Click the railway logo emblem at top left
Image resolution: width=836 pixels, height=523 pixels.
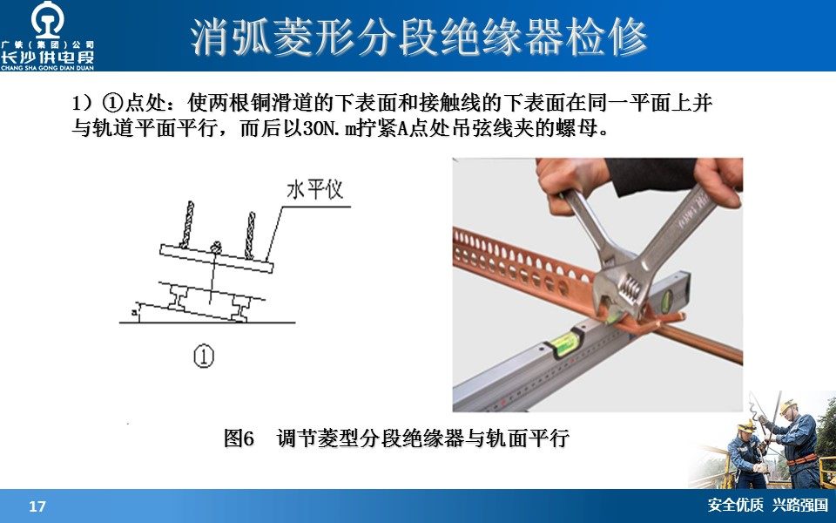coord(47,19)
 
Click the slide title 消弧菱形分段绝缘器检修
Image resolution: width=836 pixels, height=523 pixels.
coord(419,37)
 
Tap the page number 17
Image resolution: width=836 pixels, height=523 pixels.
coord(37,506)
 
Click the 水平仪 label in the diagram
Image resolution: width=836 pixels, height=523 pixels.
coord(314,189)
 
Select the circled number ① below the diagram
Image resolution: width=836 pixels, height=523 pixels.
coord(204,356)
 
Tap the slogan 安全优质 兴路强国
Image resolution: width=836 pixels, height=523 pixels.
coord(768,505)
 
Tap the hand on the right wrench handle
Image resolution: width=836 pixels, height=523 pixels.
coord(718,177)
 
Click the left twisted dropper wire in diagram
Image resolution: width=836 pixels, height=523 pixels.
coord(186,225)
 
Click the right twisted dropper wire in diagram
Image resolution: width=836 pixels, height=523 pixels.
coord(250,235)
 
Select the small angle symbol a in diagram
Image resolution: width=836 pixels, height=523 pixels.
coord(134,310)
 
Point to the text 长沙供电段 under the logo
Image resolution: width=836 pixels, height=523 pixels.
coord(47,58)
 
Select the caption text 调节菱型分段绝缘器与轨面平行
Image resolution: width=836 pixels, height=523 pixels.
coord(423,438)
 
